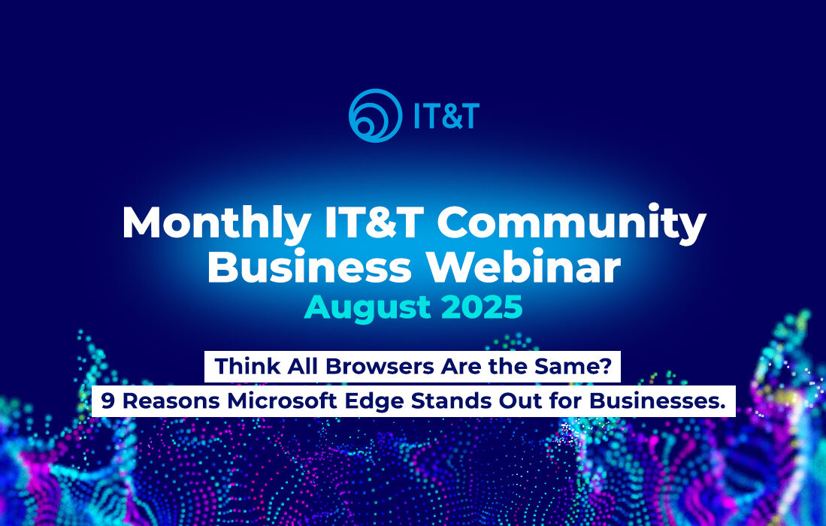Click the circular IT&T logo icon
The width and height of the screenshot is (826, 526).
coord(376,115)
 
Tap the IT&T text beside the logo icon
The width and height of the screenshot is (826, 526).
coord(446,116)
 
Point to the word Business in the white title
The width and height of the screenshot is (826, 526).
coord(310,267)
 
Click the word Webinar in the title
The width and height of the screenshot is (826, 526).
coord(524,267)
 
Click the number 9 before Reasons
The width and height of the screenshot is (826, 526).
coord(107,401)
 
